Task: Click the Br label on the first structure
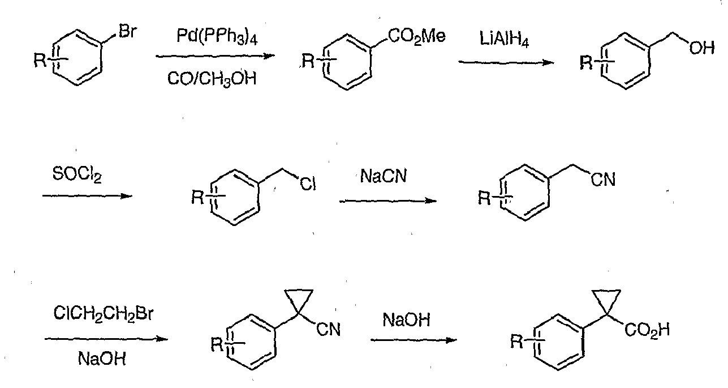tap(128, 32)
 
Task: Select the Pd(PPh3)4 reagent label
tap(217, 36)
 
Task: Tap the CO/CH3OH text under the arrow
tap(212, 79)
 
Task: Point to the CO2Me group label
tap(417, 36)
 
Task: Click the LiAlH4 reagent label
tap(504, 40)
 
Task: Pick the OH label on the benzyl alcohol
tap(702, 48)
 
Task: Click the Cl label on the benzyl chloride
tap(308, 184)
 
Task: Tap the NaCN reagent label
tap(384, 176)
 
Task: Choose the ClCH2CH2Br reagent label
tap(103, 314)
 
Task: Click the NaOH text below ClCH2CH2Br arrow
tap(102, 359)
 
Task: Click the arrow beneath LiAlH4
tap(506, 62)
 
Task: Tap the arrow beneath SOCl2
tap(88, 196)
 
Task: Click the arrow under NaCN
tap(387, 201)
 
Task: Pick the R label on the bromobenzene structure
tap(40, 61)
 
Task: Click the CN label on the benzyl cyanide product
tap(603, 180)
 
